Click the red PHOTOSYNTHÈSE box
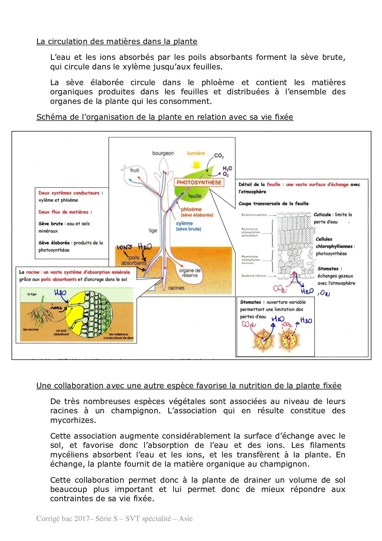(199, 182)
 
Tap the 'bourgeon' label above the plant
(163, 153)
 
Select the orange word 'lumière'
(196, 153)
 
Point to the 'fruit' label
(134, 170)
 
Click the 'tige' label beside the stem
(153, 230)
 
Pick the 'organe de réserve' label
(190, 273)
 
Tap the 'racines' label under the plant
(176, 288)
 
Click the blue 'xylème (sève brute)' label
(188, 226)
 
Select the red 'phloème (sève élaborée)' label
(197, 212)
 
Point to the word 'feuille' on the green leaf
(195, 196)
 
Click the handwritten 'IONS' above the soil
(124, 247)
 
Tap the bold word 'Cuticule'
(322, 214)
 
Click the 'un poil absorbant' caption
(61, 332)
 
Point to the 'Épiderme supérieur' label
(254, 215)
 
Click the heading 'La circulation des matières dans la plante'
(117, 41)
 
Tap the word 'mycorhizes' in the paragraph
(73, 420)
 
